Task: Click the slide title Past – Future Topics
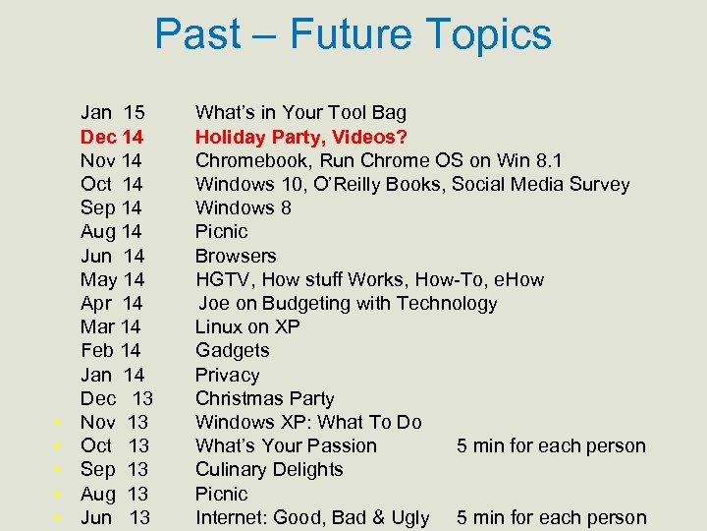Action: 353,34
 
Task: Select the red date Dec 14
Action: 112,137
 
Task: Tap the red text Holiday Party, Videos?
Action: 301,137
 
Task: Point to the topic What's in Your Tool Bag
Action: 300,113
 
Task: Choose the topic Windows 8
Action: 243,207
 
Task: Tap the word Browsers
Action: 236,256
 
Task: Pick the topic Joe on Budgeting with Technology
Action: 348,303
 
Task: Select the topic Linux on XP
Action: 247,326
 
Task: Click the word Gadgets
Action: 232,350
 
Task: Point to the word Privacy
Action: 227,375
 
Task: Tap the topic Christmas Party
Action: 264,398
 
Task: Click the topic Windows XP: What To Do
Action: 308,422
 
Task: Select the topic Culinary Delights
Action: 269,469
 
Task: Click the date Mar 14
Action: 110,326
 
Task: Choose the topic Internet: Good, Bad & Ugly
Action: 312,517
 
